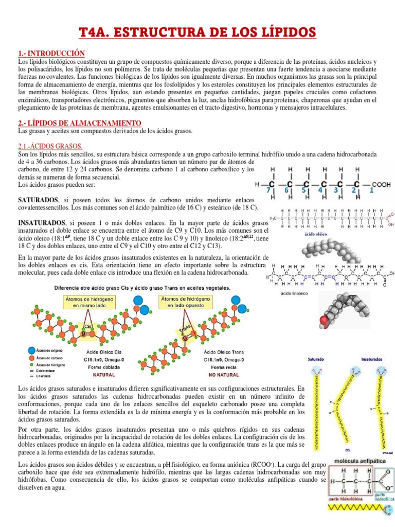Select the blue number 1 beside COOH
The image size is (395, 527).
coord(371,190)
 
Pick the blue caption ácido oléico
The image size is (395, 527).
coord(317,233)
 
